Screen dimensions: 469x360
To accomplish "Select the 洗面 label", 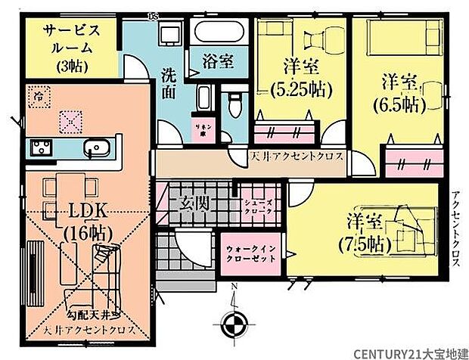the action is pos(169,82).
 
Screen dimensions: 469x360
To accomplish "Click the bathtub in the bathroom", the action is pos(216,32).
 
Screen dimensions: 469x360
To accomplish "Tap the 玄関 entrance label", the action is pos(194,203).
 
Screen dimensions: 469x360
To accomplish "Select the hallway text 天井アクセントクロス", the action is pos(297,157).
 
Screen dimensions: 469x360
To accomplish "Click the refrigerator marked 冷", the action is pos(39,96).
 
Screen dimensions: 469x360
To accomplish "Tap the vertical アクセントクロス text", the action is pos(456,227).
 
